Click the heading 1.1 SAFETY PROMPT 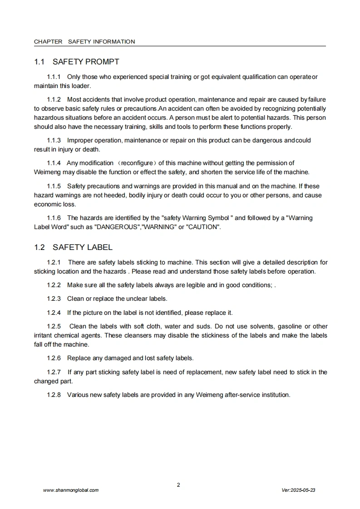77,62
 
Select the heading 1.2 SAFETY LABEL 73,247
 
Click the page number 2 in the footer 178,485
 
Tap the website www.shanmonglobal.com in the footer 70,490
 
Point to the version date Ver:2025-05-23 298,490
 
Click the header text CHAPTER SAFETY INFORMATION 84,42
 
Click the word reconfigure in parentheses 137,163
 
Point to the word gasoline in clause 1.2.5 289,326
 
